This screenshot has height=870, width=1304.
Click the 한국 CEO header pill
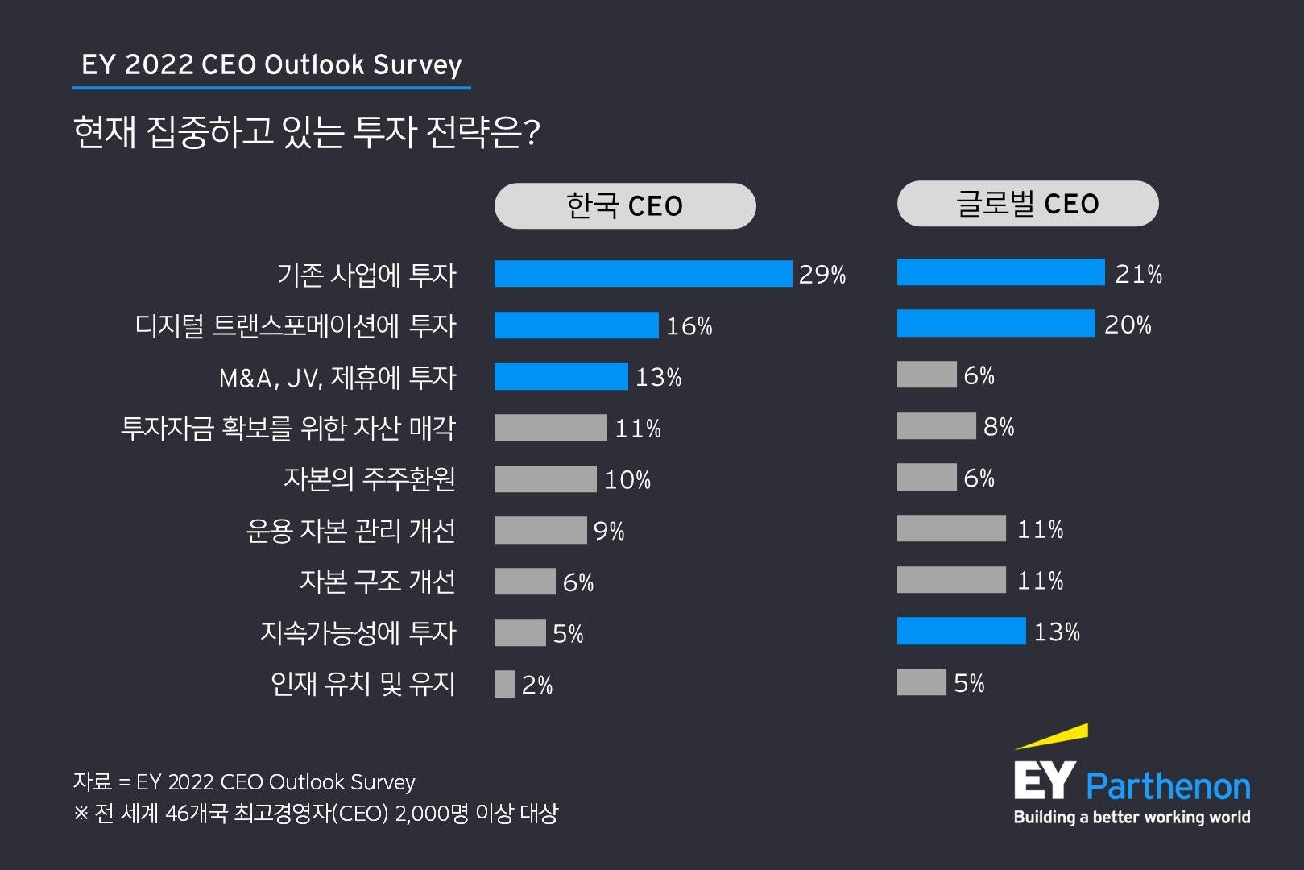[x=625, y=206]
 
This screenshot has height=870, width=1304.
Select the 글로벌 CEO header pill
[x=1028, y=204]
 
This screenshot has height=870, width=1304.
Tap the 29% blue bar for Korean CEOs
[x=643, y=274]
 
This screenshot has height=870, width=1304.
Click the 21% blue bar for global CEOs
[x=1000, y=272]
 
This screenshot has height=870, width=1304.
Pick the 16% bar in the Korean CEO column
[x=576, y=325]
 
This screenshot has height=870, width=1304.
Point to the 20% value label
[x=1128, y=325]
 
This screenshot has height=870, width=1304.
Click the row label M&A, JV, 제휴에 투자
[x=337, y=377]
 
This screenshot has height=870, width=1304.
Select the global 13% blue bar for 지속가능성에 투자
[x=961, y=632]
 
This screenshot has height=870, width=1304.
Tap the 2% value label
[x=537, y=686]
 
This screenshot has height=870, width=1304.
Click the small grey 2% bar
[x=504, y=684]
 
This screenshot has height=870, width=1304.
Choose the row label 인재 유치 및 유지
[x=363, y=684]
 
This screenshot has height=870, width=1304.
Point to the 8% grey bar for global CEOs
[x=936, y=426]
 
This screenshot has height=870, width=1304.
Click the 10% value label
[x=627, y=480]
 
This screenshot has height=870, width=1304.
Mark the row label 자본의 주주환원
[x=370, y=479]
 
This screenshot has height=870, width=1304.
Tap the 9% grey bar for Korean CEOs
[x=540, y=530]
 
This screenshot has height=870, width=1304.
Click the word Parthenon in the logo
[x=1168, y=786]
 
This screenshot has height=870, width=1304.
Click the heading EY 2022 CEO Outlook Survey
[x=271, y=64]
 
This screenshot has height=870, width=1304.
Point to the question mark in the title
[x=531, y=133]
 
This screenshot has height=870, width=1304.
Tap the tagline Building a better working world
[x=1132, y=817]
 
